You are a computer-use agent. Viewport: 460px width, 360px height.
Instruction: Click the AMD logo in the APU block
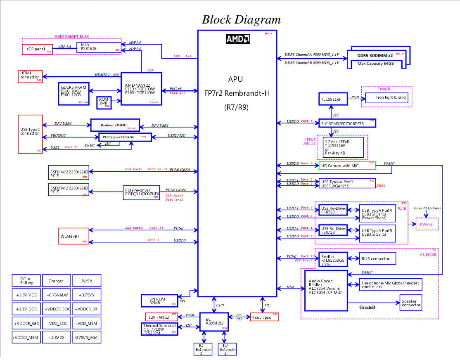(x=237, y=39)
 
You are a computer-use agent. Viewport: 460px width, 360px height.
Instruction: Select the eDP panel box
(x=37, y=49)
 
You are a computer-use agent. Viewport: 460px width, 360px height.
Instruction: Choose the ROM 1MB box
(x=104, y=102)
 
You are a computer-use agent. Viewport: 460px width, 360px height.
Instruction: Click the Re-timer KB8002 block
(x=115, y=125)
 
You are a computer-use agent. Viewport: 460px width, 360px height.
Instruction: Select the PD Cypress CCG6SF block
(x=125, y=137)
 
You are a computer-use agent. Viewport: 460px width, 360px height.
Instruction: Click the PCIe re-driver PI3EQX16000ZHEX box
(x=142, y=192)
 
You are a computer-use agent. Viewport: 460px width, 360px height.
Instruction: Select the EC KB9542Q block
(x=214, y=321)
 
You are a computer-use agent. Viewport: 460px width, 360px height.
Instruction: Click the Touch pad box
(x=264, y=317)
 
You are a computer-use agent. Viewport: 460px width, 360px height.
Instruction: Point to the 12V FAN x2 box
(x=161, y=317)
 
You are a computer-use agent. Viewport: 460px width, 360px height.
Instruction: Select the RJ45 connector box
(x=378, y=258)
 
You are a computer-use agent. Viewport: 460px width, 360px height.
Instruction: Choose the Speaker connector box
(x=411, y=303)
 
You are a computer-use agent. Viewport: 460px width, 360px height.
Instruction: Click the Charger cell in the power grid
(x=56, y=281)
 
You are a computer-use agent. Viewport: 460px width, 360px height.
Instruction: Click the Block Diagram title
(x=241, y=19)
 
